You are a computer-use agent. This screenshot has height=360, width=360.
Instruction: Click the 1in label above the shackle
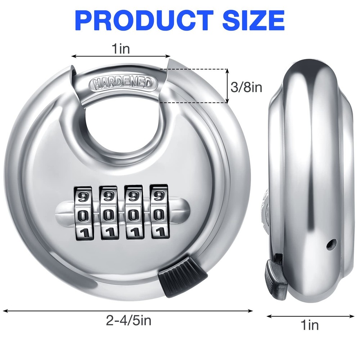[120, 49]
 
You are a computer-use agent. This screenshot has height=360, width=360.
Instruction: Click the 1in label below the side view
[310, 326]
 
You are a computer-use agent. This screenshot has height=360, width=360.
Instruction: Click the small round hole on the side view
[330, 244]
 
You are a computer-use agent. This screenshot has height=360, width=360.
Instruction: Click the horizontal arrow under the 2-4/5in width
[128, 310]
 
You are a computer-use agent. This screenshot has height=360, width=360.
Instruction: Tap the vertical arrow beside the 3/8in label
[228, 86]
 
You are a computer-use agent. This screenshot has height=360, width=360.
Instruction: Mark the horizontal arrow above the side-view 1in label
[310, 316]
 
